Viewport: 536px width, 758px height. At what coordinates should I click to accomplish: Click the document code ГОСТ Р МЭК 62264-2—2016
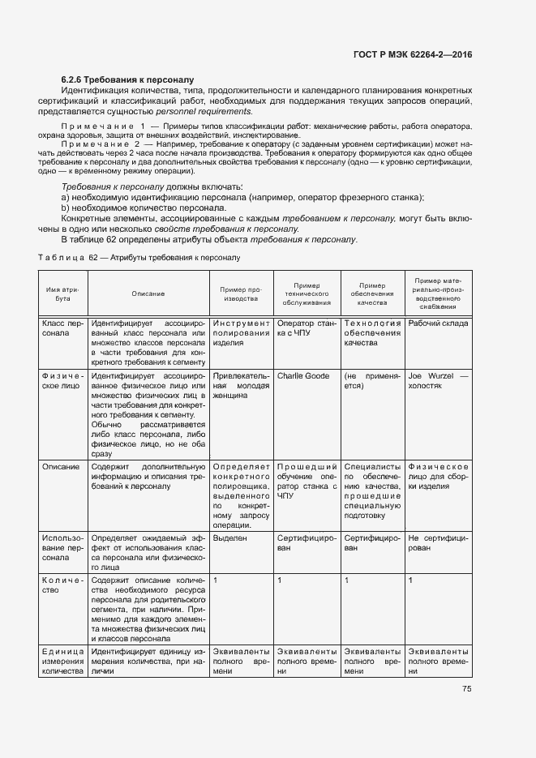[x=413, y=55]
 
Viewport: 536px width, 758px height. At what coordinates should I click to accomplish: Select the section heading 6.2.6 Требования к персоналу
[x=127, y=79]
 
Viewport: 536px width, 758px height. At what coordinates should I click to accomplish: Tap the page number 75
[x=466, y=689]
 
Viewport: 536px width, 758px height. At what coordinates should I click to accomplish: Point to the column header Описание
[x=148, y=294]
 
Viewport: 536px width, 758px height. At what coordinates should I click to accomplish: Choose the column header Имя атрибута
[x=63, y=293]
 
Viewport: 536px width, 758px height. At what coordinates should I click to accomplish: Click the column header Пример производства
[x=241, y=293]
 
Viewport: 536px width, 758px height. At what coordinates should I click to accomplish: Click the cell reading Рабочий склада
[x=438, y=323]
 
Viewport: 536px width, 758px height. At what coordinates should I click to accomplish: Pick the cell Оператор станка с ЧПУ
[x=306, y=328]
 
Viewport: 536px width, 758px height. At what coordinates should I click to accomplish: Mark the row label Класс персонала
[x=63, y=328]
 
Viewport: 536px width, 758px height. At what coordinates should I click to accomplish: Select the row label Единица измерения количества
[x=63, y=662]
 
